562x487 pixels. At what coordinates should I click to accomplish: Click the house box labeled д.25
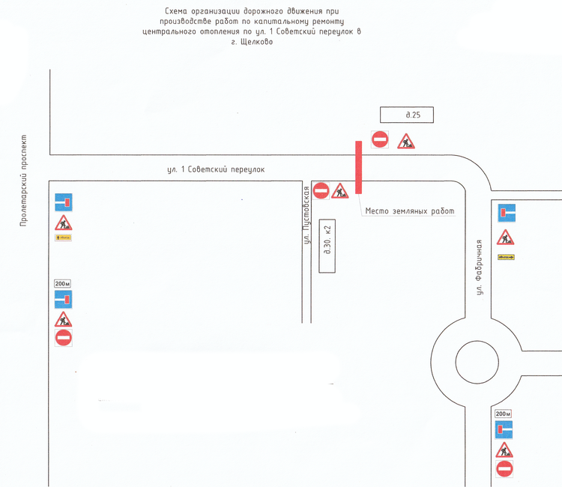coord(407,115)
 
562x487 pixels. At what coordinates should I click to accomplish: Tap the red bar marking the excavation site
coord(359,167)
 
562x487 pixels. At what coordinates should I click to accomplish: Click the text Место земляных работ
coord(409,211)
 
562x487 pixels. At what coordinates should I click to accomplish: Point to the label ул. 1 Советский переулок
coord(216,170)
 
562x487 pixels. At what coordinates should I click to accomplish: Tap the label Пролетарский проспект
coord(23,182)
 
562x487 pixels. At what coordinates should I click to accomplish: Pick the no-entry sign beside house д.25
coord(380,139)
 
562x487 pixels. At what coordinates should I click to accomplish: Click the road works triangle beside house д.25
coord(405,141)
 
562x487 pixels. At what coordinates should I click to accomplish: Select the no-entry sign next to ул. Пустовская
coord(321,191)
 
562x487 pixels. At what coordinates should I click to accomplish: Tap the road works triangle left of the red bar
coord(340,192)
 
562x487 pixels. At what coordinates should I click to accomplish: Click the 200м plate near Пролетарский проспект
coord(62,283)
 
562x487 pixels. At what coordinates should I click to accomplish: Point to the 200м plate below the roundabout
coord(503,414)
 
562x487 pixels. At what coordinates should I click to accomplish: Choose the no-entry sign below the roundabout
coord(504,469)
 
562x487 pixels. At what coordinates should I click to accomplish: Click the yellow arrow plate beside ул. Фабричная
coord(507,257)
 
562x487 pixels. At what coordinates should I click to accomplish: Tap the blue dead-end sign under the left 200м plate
coord(64,300)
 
